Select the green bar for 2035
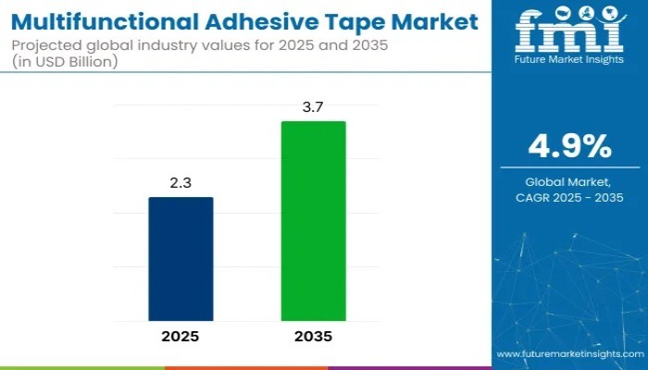[314, 221]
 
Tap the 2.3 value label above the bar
[181, 184]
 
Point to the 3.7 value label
[314, 108]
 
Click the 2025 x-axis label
[181, 337]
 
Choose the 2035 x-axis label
[314, 337]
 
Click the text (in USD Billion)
[65, 63]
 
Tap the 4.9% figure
[569, 146]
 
